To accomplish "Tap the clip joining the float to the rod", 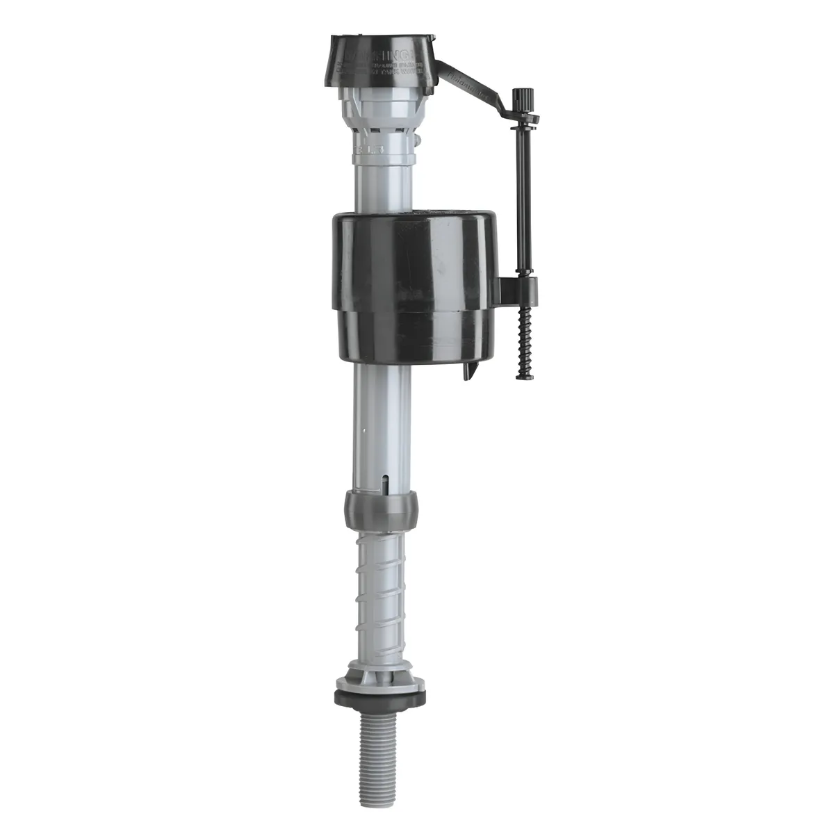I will (x=518, y=286).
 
